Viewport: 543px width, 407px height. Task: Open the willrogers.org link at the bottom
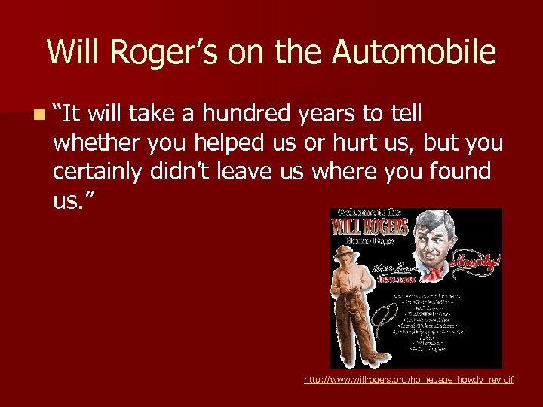(408, 380)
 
